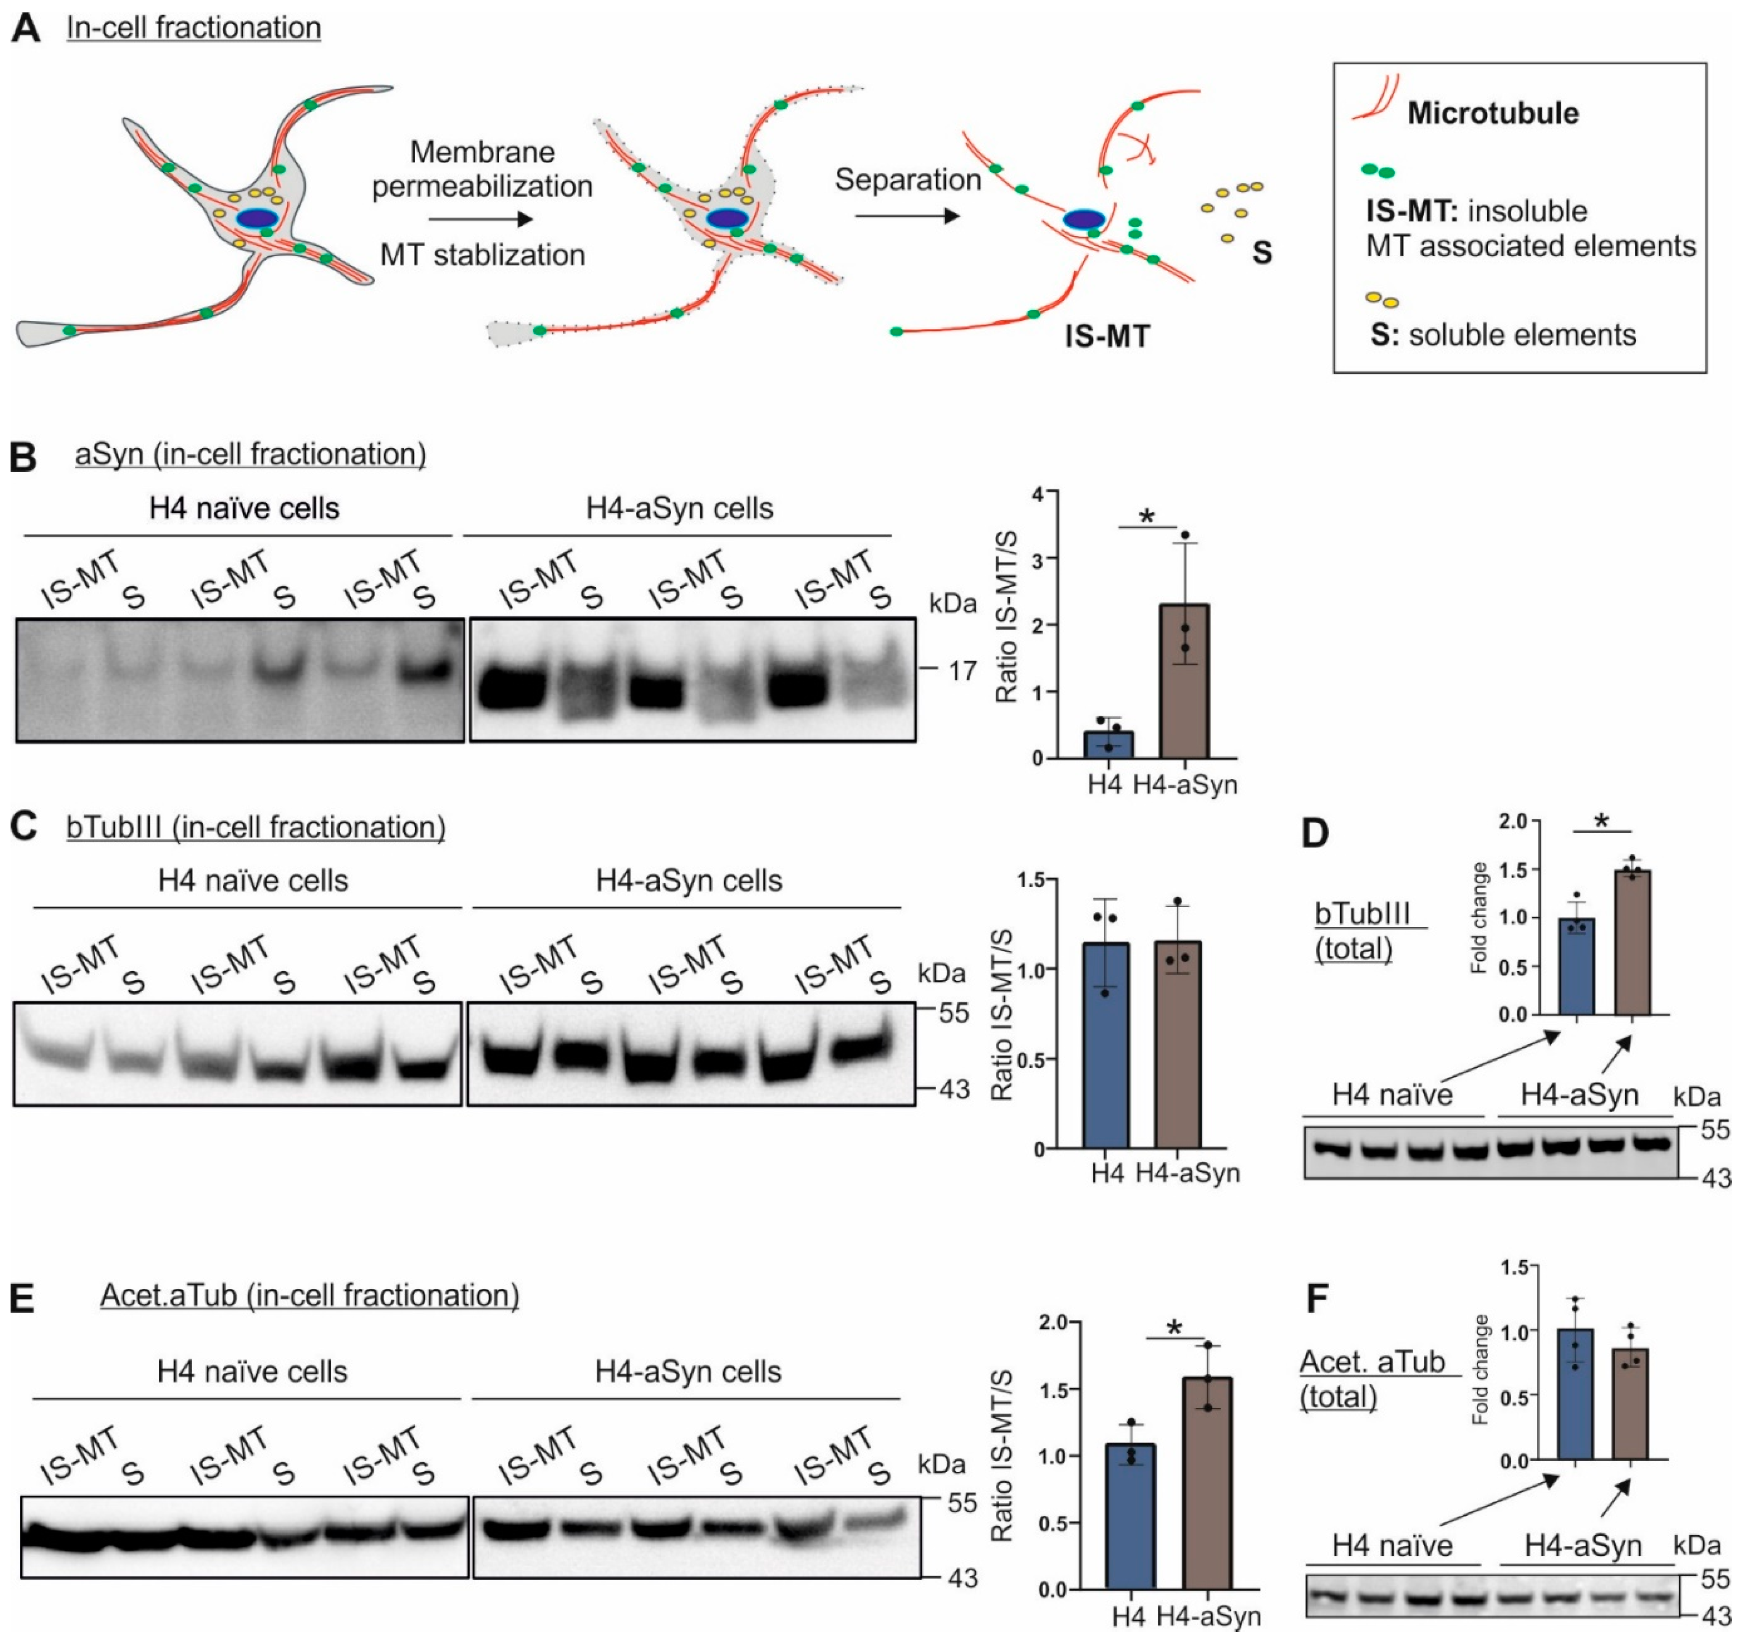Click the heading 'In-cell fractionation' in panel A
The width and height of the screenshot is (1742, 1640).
pyautogui.click(x=194, y=27)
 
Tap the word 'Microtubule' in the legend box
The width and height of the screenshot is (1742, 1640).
pyautogui.click(x=1492, y=113)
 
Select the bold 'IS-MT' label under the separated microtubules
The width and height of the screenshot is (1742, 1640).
pyautogui.click(x=1107, y=337)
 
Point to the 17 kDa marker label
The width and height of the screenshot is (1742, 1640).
pyautogui.click(x=962, y=671)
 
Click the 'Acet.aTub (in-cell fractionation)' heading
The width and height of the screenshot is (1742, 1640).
pyautogui.click(x=309, y=1295)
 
